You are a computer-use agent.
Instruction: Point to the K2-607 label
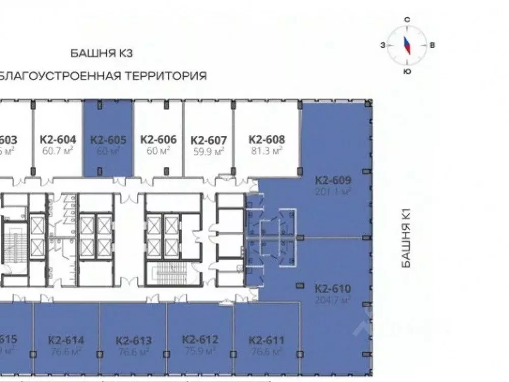coord(208,140)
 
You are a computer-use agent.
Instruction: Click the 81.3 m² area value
coord(267,151)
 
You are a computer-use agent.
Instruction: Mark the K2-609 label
coord(333,180)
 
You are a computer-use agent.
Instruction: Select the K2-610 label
coord(333,289)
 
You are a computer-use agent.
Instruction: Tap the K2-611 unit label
coord(267,340)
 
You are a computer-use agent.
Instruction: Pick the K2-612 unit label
coord(200,340)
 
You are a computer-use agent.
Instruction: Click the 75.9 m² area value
coord(200,351)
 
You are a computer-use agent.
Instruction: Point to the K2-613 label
coord(133,340)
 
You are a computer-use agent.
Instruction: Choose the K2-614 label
coord(66,340)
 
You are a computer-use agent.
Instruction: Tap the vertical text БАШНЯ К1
coord(406,239)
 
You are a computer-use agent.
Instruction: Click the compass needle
coord(407,45)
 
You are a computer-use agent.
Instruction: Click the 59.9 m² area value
coord(208,151)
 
